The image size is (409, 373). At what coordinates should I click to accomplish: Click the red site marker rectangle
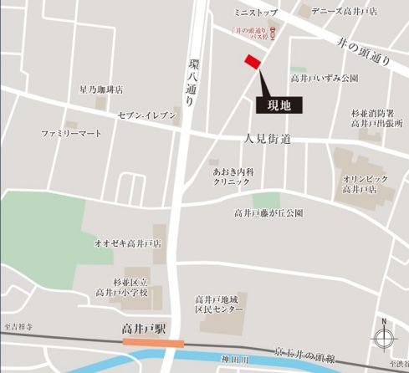252,64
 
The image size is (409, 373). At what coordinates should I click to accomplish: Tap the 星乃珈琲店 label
101,89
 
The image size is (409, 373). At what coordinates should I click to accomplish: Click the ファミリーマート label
71,134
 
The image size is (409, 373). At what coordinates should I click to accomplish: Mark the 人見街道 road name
268,138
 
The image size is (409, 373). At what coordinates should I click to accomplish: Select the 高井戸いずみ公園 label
325,78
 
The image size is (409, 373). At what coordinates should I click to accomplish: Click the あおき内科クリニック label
233,176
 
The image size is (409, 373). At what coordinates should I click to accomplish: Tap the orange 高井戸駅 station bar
154,343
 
